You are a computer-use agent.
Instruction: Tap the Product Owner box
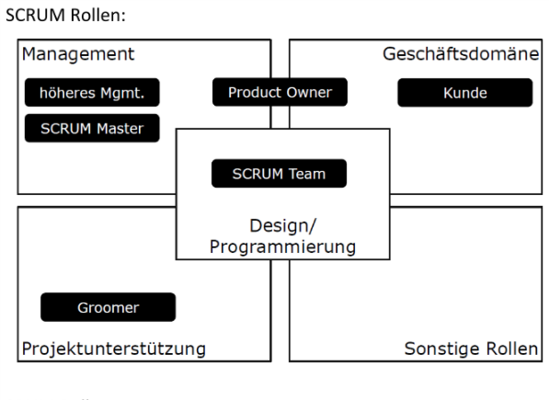(x=280, y=92)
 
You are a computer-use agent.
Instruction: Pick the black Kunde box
(x=464, y=92)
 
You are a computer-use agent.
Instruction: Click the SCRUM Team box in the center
(x=279, y=174)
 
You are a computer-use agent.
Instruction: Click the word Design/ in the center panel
(x=279, y=225)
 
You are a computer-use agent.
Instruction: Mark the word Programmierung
(x=279, y=246)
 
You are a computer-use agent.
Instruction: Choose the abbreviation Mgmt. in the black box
(x=120, y=92)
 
